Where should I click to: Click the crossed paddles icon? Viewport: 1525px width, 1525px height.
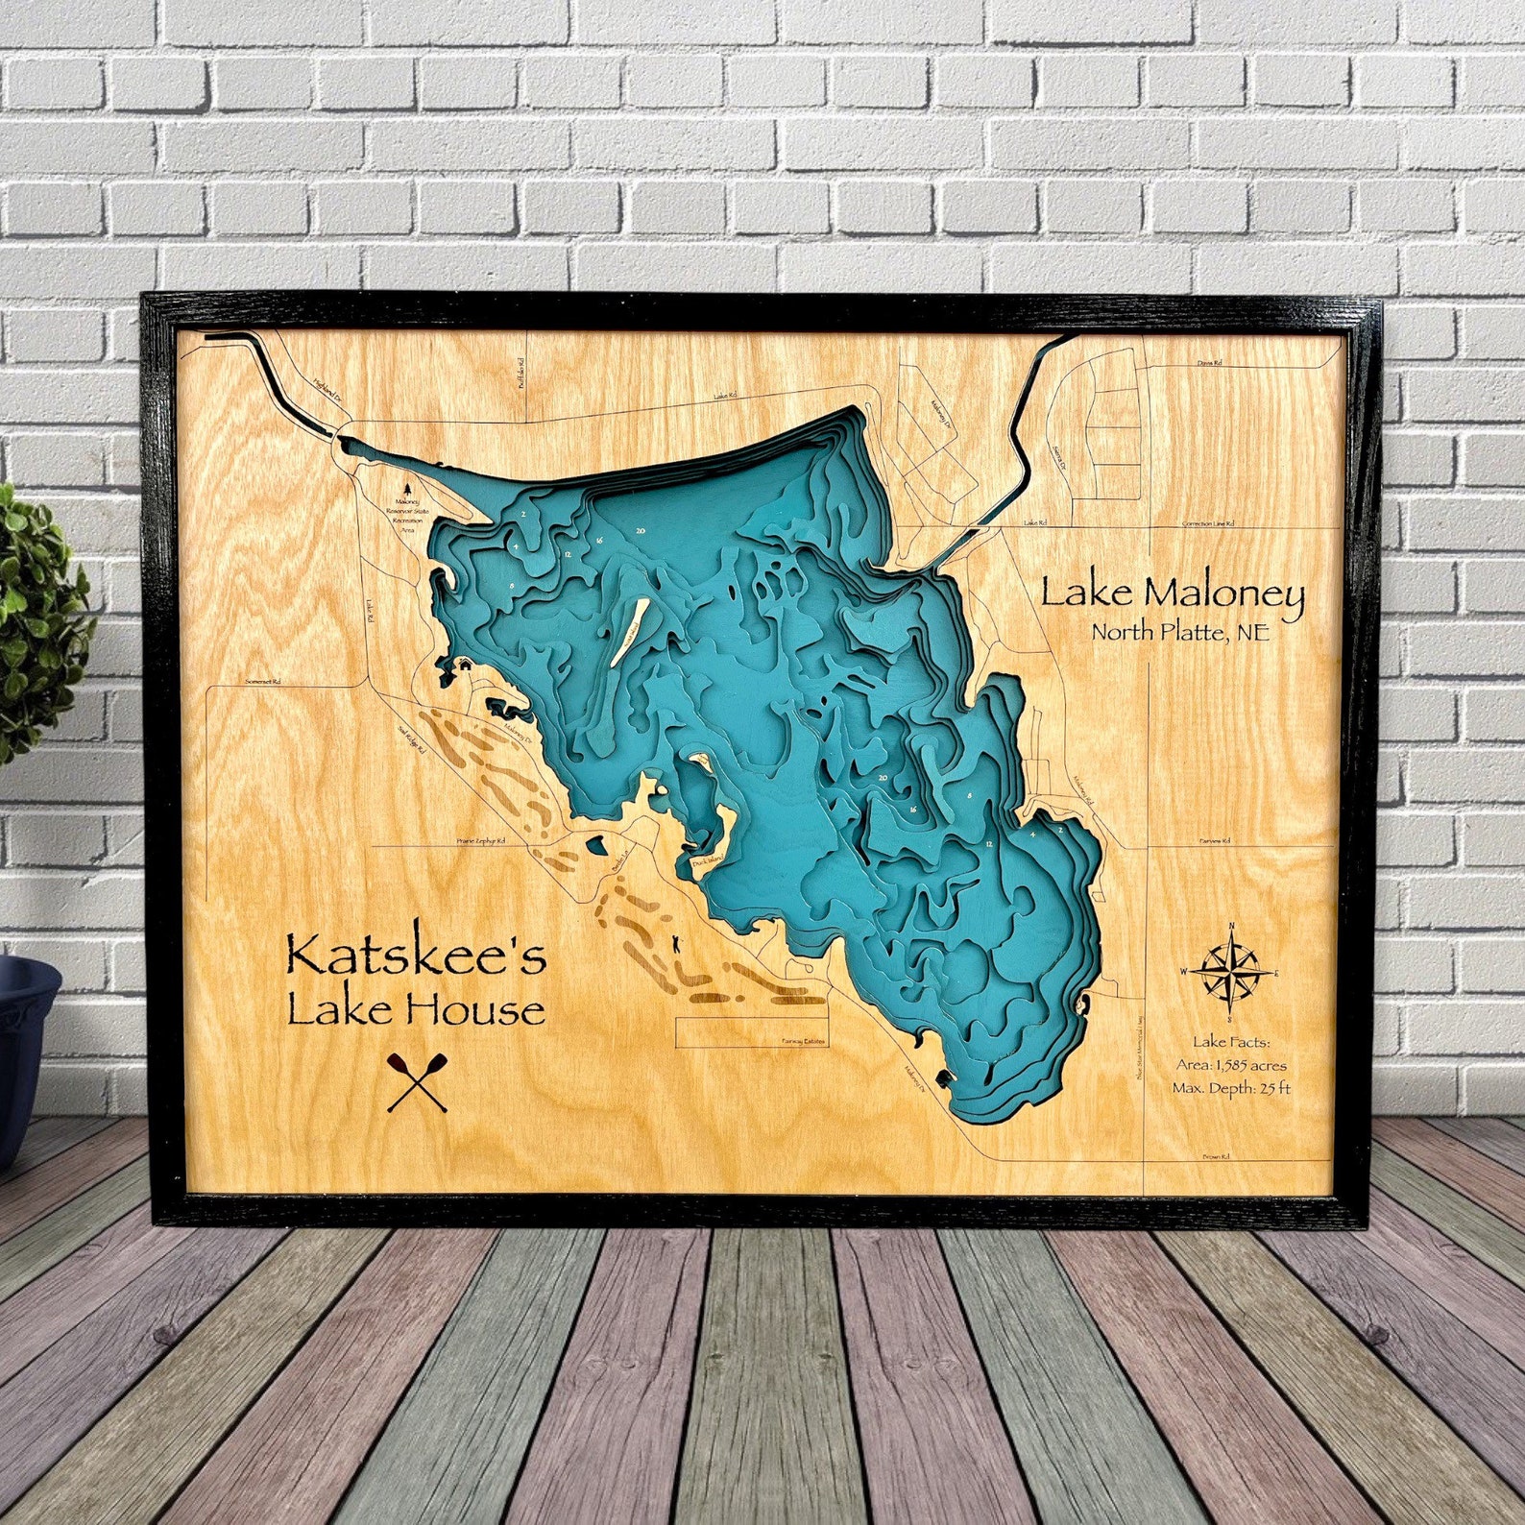tap(418, 1082)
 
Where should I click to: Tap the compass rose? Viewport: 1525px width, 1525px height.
tap(1230, 971)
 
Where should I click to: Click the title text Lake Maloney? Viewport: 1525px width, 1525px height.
tap(1173, 593)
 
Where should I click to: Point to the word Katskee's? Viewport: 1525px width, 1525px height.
tap(416, 957)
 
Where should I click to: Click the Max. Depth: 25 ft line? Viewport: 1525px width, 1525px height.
tap(1231, 1088)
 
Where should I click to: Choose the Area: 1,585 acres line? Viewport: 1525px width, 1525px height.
tap(1231, 1065)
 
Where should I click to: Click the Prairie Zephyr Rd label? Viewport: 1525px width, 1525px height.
tap(480, 841)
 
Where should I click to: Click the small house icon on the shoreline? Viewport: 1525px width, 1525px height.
tap(463, 663)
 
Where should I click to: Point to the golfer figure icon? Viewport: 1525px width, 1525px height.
tap(679, 944)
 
